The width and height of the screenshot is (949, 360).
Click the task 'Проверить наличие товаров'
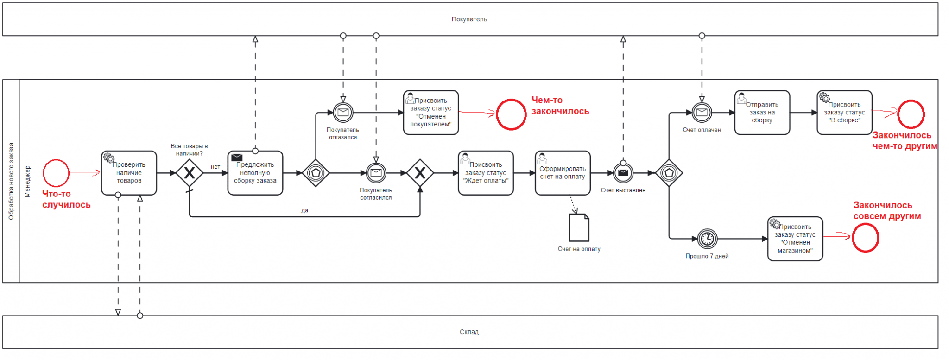[129, 173]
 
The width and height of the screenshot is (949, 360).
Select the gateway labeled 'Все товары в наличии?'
[189, 173]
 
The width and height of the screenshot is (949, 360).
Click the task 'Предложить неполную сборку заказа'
[255, 173]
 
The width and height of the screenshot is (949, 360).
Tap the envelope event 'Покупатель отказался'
[343, 112]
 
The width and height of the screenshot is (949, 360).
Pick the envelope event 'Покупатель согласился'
[376, 173]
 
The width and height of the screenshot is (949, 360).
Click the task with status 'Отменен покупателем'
[430, 113]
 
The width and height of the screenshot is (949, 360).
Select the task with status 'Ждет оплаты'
[486, 173]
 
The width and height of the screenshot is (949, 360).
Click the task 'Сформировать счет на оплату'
[562, 173]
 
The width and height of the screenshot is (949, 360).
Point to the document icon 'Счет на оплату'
[579, 227]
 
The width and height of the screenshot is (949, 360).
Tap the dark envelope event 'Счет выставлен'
[623, 173]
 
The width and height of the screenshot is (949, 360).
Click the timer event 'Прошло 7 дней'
[707, 239]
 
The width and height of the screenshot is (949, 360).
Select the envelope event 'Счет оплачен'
[702, 112]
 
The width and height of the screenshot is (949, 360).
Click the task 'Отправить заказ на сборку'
[762, 113]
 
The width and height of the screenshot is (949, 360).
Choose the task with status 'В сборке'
[844, 113]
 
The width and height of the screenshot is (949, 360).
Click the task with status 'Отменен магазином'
[795, 239]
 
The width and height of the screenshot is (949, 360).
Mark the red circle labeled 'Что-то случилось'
[56, 173]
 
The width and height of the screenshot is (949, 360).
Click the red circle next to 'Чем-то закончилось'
[511, 114]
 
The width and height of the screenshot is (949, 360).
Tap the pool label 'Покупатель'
[469, 19]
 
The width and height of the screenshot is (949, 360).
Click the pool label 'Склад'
[469, 332]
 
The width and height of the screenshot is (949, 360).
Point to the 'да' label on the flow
[304, 210]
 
